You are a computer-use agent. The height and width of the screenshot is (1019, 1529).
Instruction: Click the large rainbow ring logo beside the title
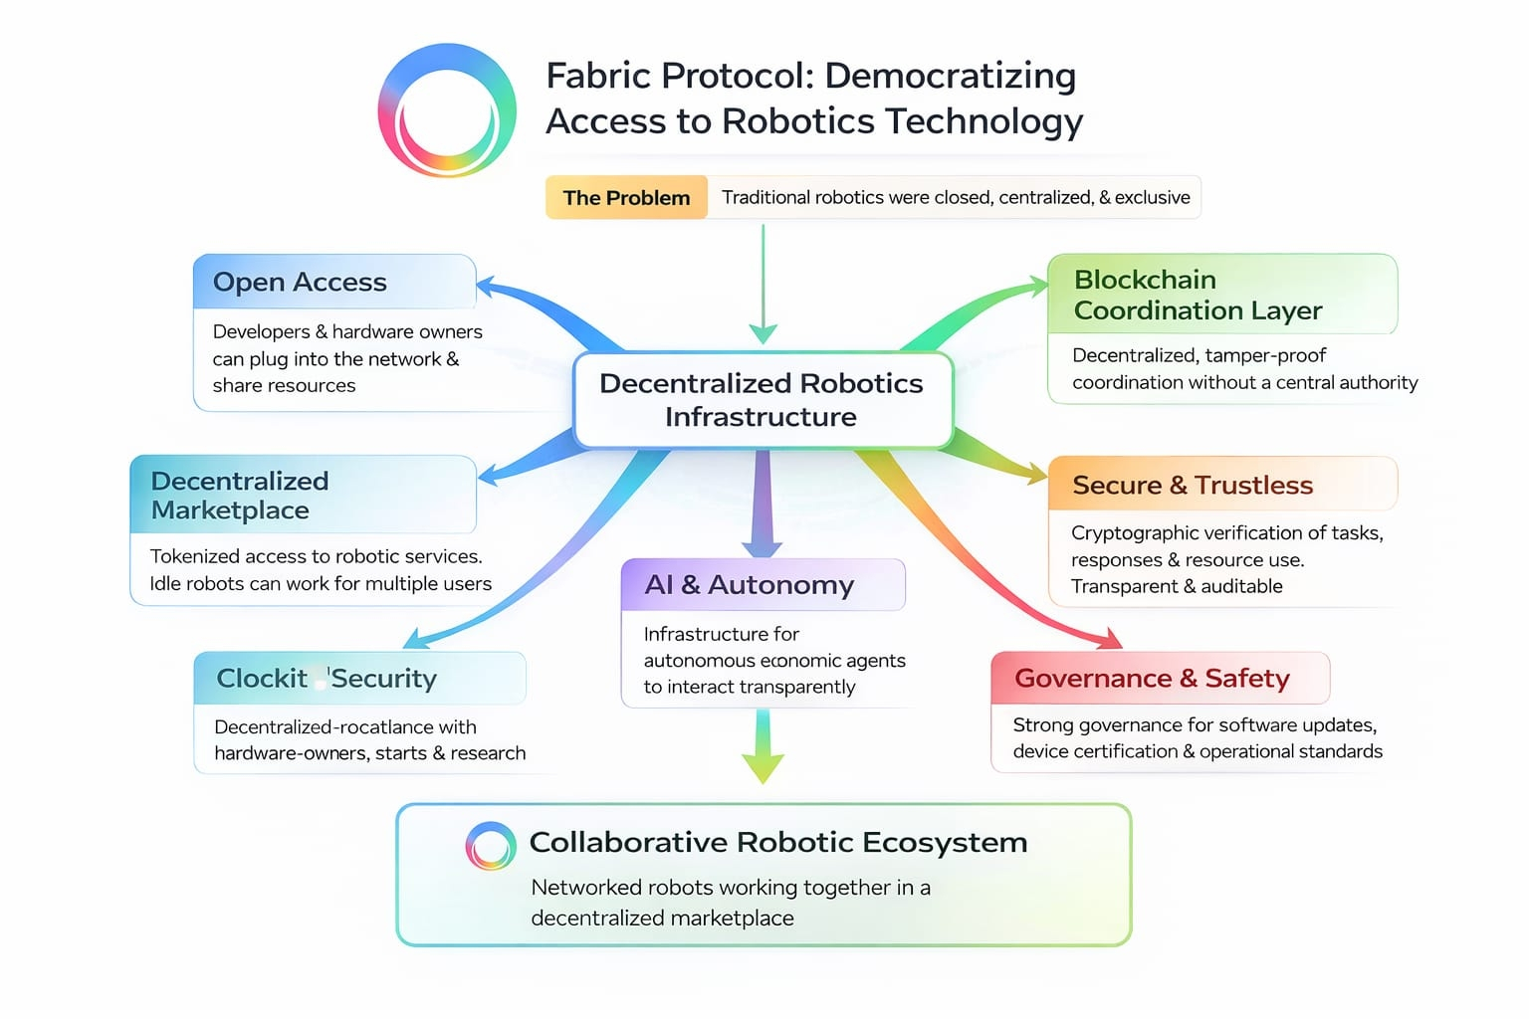point(447,110)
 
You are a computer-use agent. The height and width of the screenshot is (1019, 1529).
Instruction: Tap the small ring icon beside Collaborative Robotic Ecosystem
point(491,846)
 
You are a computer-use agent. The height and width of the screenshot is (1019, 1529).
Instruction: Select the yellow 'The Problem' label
point(626,197)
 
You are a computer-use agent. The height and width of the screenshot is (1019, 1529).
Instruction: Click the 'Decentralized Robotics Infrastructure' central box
point(763,400)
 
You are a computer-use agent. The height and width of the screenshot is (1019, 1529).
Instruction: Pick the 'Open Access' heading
point(300,283)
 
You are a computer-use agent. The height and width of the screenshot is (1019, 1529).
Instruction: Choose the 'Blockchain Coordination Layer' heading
point(1198,296)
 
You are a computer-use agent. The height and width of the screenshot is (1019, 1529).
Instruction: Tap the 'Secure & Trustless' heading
point(1193,485)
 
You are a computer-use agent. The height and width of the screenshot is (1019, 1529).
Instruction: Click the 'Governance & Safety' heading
point(1152,679)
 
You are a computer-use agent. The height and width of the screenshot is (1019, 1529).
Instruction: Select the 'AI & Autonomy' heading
point(750,585)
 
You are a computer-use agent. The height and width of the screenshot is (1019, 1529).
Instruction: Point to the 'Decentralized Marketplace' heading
point(240,496)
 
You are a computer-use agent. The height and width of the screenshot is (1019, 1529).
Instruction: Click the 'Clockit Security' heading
point(327,679)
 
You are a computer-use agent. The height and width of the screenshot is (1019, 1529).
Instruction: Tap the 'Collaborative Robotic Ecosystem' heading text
point(777,842)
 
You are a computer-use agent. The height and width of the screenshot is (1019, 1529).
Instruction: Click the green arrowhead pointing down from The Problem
point(764,333)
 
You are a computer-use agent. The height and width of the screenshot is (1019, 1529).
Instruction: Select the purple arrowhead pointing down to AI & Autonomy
point(762,546)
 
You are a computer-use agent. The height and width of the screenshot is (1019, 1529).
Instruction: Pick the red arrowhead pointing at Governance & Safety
point(1107,638)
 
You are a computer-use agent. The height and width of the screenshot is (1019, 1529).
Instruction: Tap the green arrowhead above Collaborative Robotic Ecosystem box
point(763,767)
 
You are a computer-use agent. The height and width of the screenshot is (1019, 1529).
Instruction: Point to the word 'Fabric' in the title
point(597,77)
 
